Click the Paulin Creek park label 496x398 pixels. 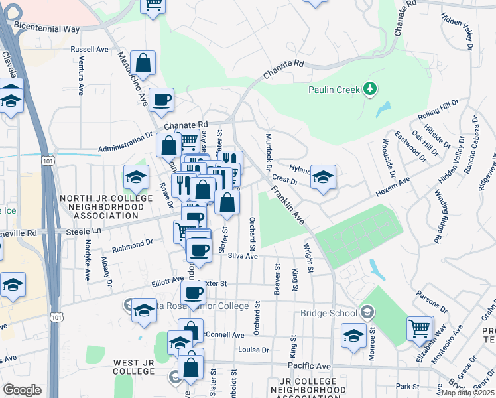[334, 90]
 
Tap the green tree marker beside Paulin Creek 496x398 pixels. [370, 89]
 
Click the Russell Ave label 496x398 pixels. [90, 49]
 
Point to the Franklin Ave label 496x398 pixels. [287, 204]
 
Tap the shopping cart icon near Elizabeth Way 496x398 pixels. [419, 327]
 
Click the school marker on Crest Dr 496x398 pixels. [323, 176]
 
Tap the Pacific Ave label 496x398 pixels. [309, 366]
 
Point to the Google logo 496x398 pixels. [22, 390]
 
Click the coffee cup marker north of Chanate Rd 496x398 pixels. [161, 100]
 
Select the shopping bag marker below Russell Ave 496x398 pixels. [143, 63]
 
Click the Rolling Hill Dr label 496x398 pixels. [438, 111]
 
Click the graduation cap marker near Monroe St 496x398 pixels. [353, 335]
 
